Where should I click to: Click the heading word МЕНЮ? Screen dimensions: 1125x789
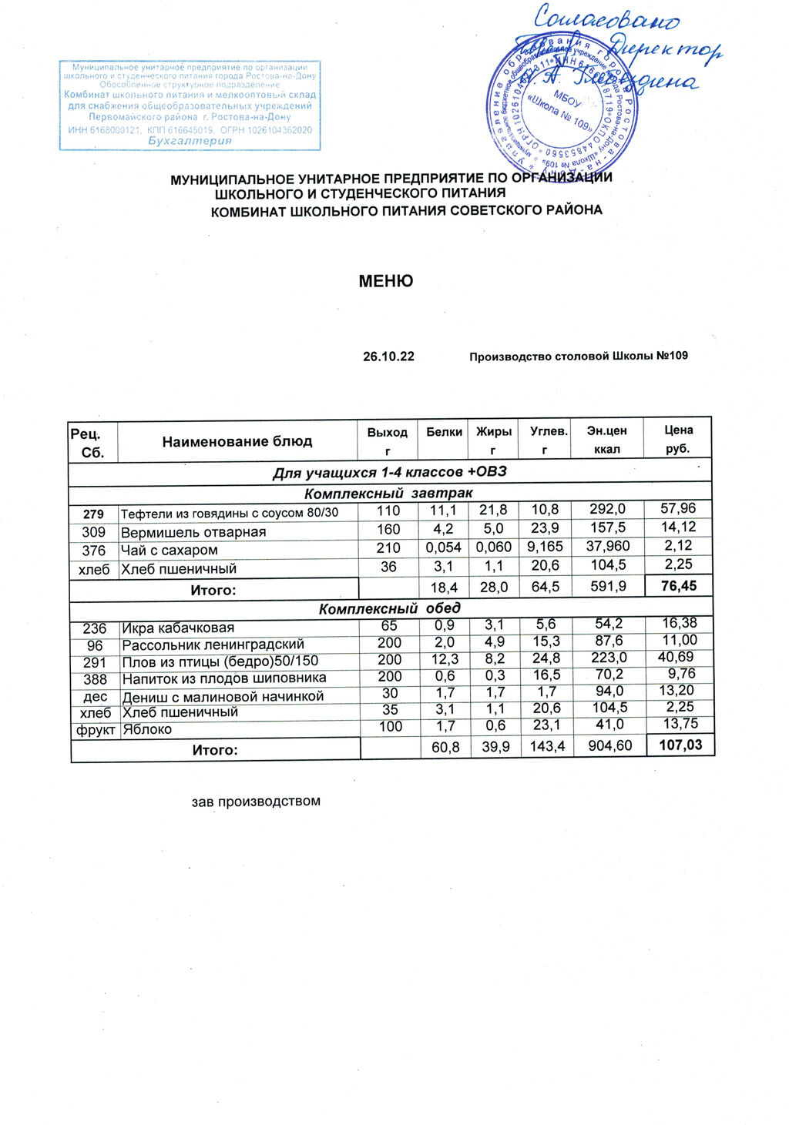tap(386, 281)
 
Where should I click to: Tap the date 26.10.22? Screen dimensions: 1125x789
tap(388, 357)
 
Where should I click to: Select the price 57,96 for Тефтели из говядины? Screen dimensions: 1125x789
tap(678, 508)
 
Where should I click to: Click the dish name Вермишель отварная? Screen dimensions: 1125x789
tap(193, 532)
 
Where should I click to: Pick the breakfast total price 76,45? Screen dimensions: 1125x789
tap(678, 586)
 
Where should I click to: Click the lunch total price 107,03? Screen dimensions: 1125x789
tap(680, 745)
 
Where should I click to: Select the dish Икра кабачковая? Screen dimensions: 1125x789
tap(178, 628)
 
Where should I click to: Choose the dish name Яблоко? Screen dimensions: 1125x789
tap(147, 729)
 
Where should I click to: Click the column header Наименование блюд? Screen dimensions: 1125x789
tap(237, 442)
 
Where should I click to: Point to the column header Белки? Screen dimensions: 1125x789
tap(445, 432)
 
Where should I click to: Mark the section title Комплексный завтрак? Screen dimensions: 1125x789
tap(388, 493)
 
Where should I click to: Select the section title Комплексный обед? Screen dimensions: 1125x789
tap(390, 609)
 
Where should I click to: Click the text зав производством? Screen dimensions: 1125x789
tap(256, 802)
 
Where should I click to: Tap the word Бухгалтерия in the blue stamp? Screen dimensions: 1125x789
tap(190, 141)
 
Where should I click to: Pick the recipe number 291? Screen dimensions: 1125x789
tap(95, 661)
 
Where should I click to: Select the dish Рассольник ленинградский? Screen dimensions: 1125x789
tap(213, 645)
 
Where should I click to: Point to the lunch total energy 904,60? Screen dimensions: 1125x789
tap(609, 745)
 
